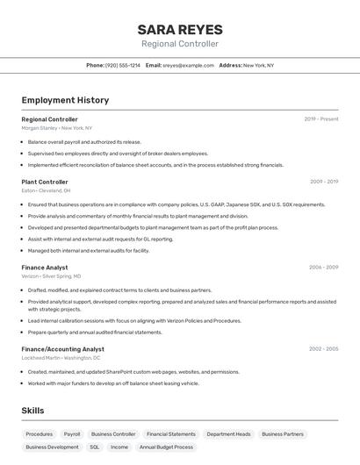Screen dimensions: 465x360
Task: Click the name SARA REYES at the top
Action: click(180, 29)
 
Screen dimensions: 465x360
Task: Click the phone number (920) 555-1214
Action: click(123, 65)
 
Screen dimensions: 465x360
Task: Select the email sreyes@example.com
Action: click(188, 65)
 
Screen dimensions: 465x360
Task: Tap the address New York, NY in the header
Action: click(258, 65)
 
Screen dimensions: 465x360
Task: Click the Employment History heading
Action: click(65, 100)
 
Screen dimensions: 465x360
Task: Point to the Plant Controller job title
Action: click(45, 182)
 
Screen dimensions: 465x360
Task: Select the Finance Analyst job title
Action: click(45, 267)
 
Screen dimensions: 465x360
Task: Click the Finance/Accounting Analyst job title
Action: click(63, 349)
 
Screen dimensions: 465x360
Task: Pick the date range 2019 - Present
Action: click(321, 119)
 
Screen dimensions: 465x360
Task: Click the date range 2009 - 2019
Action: click(324, 182)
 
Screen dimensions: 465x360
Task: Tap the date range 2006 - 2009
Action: click(324, 267)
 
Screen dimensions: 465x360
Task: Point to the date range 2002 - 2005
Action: click(324, 349)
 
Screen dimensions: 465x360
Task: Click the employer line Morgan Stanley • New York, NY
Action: click(56, 127)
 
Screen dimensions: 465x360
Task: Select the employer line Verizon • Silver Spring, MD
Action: click(52, 275)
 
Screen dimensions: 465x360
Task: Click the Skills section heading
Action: click(33, 411)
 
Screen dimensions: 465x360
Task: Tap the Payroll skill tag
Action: click(72, 433)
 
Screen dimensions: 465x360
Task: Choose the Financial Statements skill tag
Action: click(171, 433)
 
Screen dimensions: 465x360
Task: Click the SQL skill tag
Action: click(95, 447)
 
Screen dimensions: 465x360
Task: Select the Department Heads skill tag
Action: click(228, 433)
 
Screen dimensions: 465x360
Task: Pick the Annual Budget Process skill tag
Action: click(166, 447)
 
